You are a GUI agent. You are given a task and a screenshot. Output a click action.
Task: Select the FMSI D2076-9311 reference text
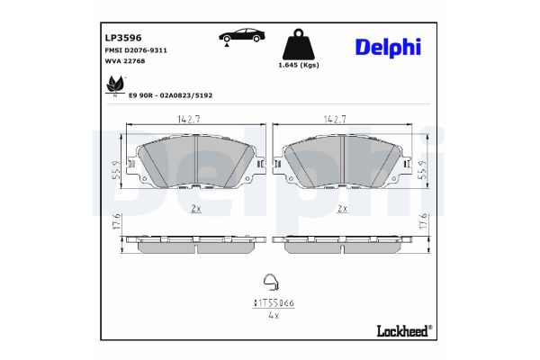point(136,52)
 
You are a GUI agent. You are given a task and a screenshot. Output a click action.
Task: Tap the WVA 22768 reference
point(125,63)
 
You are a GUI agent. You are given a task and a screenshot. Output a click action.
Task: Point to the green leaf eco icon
point(115,85)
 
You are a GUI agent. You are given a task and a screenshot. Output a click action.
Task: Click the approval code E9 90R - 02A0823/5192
point(172,94)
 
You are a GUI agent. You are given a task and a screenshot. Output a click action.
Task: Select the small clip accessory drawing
point(268,282)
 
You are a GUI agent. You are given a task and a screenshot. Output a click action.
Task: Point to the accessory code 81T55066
point(268,304)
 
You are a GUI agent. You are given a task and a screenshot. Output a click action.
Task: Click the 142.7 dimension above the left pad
point(187,118)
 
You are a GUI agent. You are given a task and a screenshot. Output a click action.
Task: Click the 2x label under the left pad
point(195,208)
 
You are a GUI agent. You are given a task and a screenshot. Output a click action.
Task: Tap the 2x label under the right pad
point(342,208)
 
